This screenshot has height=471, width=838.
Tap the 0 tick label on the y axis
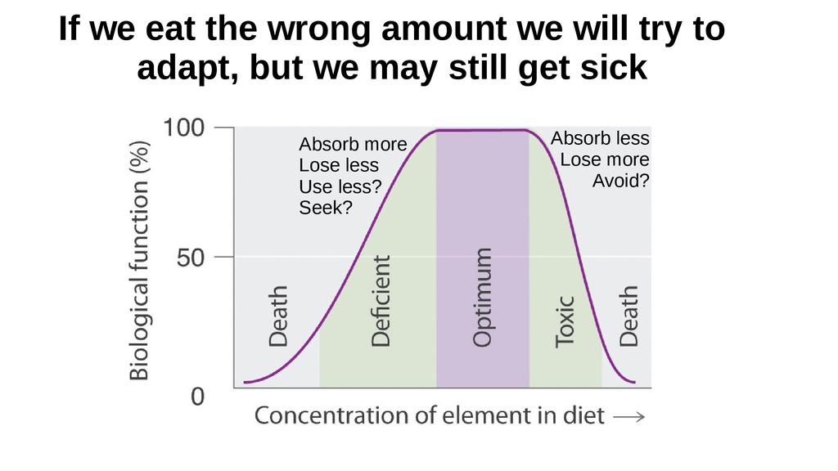pos(199,397)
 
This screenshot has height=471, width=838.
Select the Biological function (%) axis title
pos(140,259)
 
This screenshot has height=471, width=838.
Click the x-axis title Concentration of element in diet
pos(430,415)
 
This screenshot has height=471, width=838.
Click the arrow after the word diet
pos(629,417)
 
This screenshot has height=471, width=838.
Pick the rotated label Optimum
pos(483,298)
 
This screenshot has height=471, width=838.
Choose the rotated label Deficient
pos(381,301)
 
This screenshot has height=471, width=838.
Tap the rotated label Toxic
pos(565,321)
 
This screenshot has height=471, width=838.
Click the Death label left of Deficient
pos(278,316)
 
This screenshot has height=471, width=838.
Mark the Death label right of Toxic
pos(628,316)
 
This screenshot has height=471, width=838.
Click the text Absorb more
pos(353,145)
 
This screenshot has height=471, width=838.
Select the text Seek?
pos(326,208)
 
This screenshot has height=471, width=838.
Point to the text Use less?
pos(340,186)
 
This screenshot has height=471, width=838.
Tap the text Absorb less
pos(600,138)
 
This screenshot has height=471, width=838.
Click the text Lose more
pos(605,159)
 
